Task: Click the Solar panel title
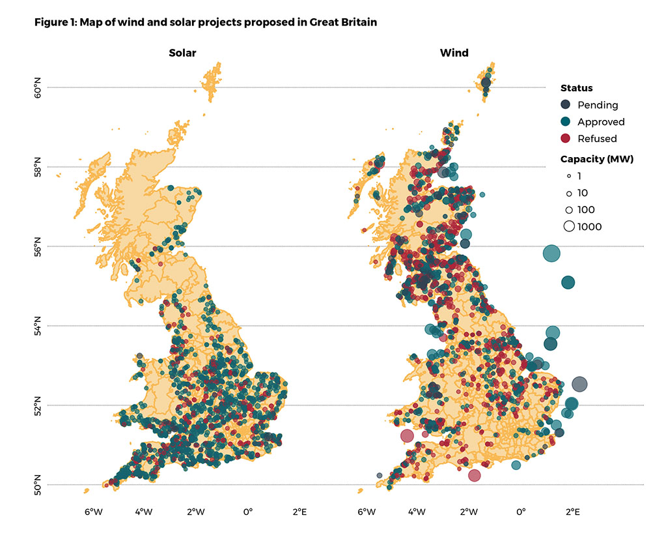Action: pyautogui.click(x=183, y=53)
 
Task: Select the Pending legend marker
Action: pyautogui.click(x=566, y=104)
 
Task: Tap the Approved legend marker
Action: pyautogui.click(x=566, y=121)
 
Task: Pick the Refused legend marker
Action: pyautogui.click(x=566, y=138)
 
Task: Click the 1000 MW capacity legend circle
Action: pyautogui.click(x=569, y=227)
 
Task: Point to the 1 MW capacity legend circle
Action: pyautogui.click(x=569, y=176)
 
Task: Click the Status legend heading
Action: pyautogui.click(x=576, y=88)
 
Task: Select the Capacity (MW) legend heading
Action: pyautogui.click(x=596, y=159)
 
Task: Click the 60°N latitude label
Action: pyautogui.click(x=37, y=87)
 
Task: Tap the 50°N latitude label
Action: pyautogui.click(x=37, y=485)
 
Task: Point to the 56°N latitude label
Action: pyautogui.click(x=37, y=246)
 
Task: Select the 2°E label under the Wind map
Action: pyautogui.click(x=573, y=512)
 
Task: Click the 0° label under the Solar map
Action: pyautogui.click(x=247, y=512)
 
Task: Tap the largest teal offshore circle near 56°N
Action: pyautogui.click(x=552, y=254)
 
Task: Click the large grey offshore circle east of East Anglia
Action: pyautogui.click(x=579, y=384)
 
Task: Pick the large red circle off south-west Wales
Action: pyautogui.click(x=408, y=435)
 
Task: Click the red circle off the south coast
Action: pyautogui.click(x=474, y=475)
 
